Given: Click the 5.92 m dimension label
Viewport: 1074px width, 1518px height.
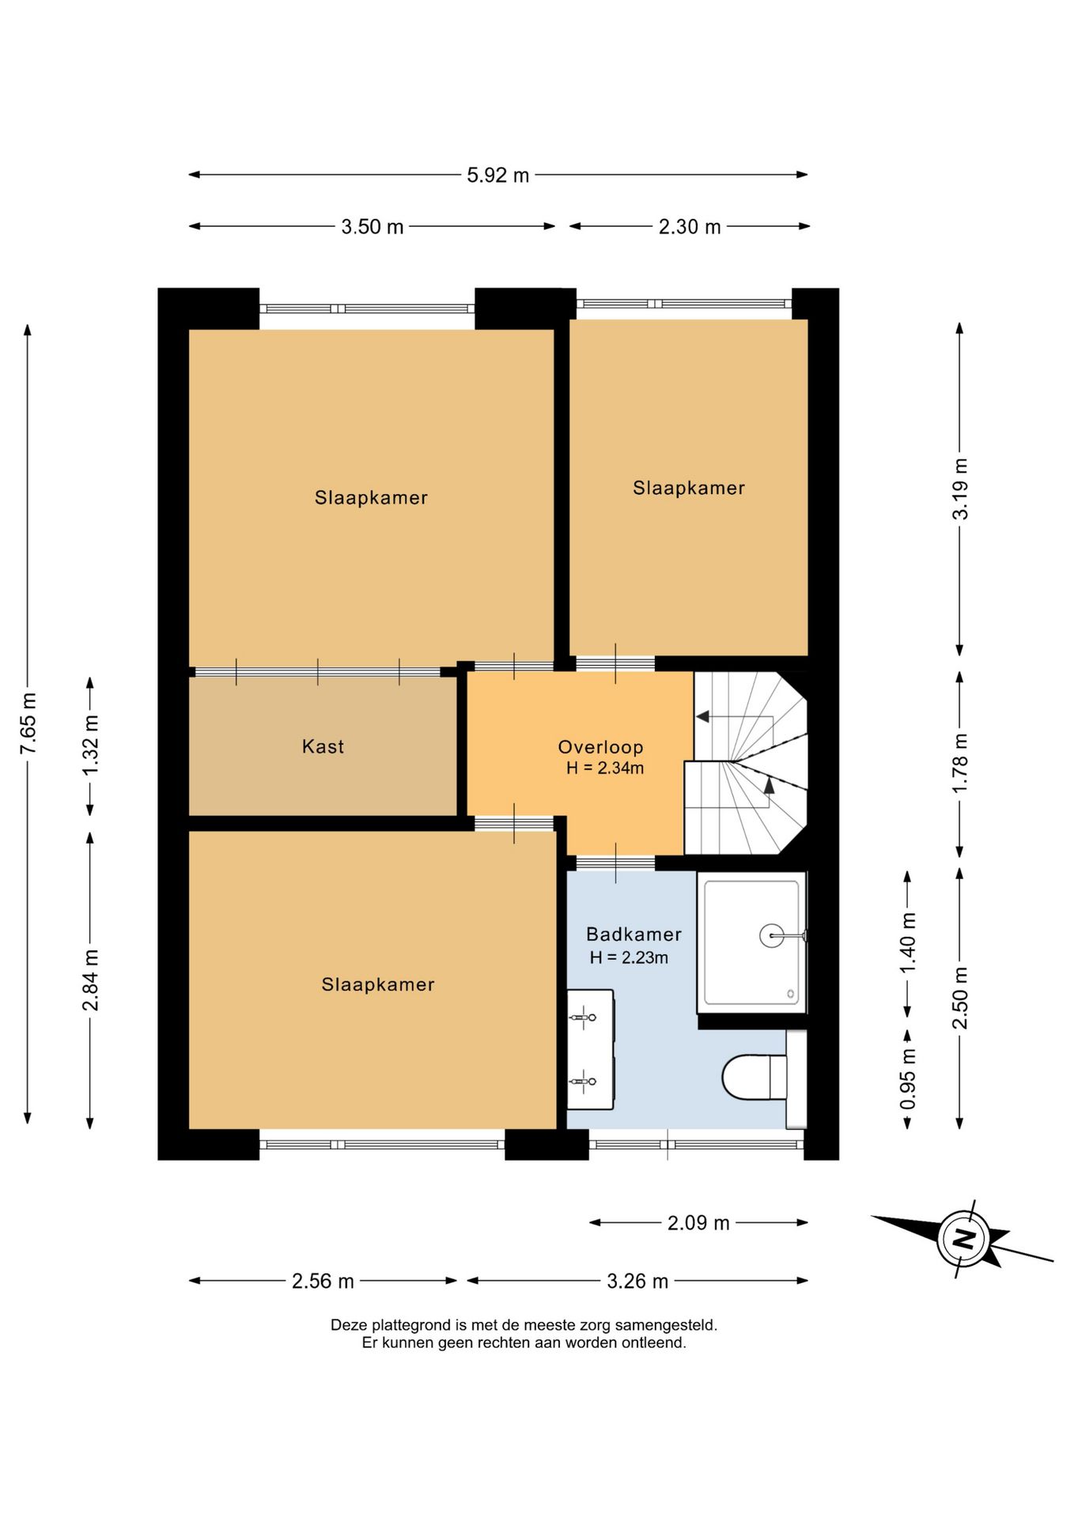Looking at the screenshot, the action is pos(497,176).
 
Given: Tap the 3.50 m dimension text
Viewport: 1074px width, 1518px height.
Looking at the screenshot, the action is pos(372,228).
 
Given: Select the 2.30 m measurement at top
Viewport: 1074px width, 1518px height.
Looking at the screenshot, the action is pos(690,228).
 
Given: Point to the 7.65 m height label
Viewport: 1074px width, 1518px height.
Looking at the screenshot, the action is pos(28,723).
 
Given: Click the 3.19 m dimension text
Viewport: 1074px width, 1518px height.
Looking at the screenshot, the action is pos(961,489).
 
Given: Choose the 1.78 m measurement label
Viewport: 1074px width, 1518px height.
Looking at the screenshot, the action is pos(961,764).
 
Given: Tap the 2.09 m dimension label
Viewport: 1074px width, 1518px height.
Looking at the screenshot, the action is pos(698,1223).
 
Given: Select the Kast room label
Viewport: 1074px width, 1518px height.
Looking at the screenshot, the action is pos(323,747).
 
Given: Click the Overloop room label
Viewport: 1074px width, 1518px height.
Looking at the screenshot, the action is pos(601,747).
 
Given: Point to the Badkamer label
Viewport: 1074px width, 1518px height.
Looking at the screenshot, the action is pos(633,935).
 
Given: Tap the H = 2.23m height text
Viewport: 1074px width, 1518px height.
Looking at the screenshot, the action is pos(629,958).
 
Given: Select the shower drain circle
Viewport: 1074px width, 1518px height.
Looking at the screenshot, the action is pos(772,936).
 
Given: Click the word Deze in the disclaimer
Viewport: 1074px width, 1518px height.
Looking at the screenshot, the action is pos(350,1325).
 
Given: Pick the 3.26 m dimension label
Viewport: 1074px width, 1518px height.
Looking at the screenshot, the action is pos(637,1282).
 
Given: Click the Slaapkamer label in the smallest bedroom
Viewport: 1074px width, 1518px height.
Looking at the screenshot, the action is pos(689,489).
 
